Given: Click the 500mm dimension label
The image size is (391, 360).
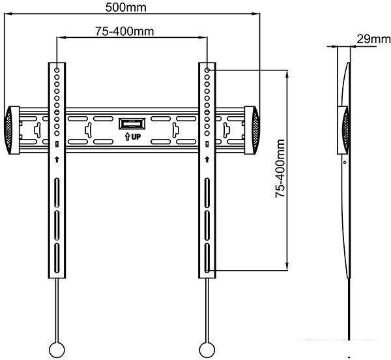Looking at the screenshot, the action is point(126,7).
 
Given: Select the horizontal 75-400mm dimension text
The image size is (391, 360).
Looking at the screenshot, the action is point(124,31).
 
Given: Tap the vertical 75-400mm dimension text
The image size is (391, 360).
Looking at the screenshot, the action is point(280,169).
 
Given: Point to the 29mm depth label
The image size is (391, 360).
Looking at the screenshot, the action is point(373,39).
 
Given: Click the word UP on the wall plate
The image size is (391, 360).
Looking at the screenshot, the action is point(136,137).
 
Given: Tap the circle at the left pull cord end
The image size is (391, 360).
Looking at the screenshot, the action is point(57,350).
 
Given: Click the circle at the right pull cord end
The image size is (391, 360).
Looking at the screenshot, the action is point(207,350).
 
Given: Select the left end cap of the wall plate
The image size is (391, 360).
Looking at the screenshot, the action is point(12,130).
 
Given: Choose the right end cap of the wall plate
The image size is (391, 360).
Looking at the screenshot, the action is point(252,130).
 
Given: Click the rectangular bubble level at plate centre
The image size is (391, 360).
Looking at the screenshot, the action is point(132,124).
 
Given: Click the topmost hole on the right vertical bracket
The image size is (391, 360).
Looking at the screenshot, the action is point(207,70).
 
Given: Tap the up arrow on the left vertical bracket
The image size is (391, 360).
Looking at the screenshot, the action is point(57,159).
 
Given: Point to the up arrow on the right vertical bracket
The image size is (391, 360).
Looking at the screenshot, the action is point(207,159).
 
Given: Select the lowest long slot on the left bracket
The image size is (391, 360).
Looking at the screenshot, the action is point(57,258).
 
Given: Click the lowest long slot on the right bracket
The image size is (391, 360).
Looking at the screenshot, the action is point(207,258).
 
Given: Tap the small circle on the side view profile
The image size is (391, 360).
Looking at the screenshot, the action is point(345,162).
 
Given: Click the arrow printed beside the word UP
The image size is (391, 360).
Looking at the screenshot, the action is point(127,137).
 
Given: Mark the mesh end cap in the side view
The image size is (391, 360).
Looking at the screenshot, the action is point(346,130).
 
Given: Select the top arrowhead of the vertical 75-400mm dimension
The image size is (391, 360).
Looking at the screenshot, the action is point(288,74).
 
